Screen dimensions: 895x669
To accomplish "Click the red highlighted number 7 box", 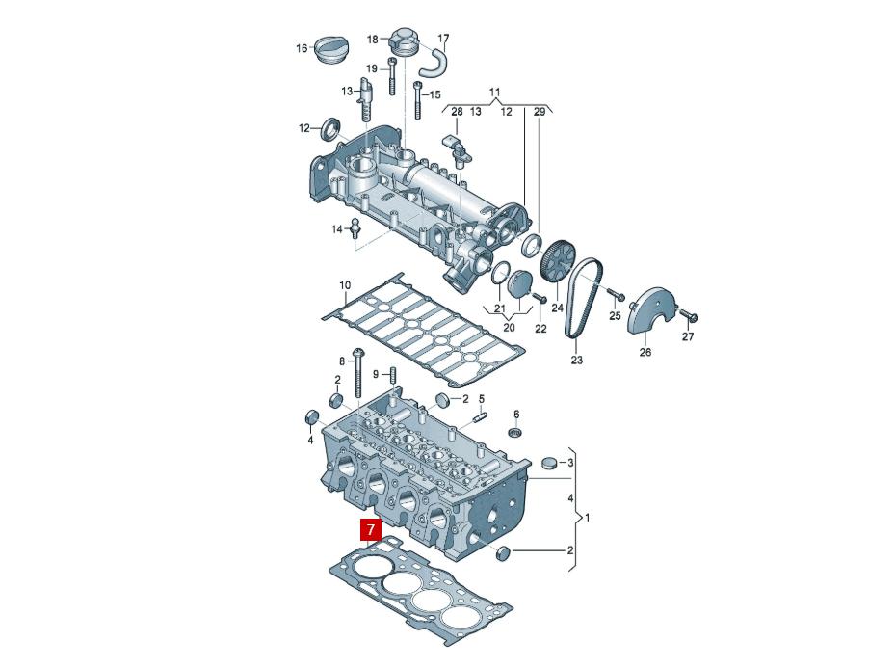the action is click(371, 529).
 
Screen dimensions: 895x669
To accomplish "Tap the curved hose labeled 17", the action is click(434, 63).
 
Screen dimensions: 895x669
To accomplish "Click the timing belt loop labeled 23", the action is click(583, 298).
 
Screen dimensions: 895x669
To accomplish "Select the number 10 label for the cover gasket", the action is click(345, 285).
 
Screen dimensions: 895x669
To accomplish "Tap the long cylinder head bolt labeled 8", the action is click(358, 372).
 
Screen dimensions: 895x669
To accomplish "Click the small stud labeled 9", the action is click(393, 376).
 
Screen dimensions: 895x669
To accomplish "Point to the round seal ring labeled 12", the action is click(331, 129).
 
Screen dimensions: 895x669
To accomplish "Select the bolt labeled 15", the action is click(418, 100).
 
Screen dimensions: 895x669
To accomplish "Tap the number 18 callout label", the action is click(372, 40).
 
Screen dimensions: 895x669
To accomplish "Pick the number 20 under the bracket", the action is click(509, 328).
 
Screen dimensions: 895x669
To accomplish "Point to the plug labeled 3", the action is click(549, 462).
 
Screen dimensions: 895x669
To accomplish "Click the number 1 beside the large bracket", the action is click(588, 518).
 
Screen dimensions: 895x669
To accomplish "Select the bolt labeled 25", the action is click(616, 294).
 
